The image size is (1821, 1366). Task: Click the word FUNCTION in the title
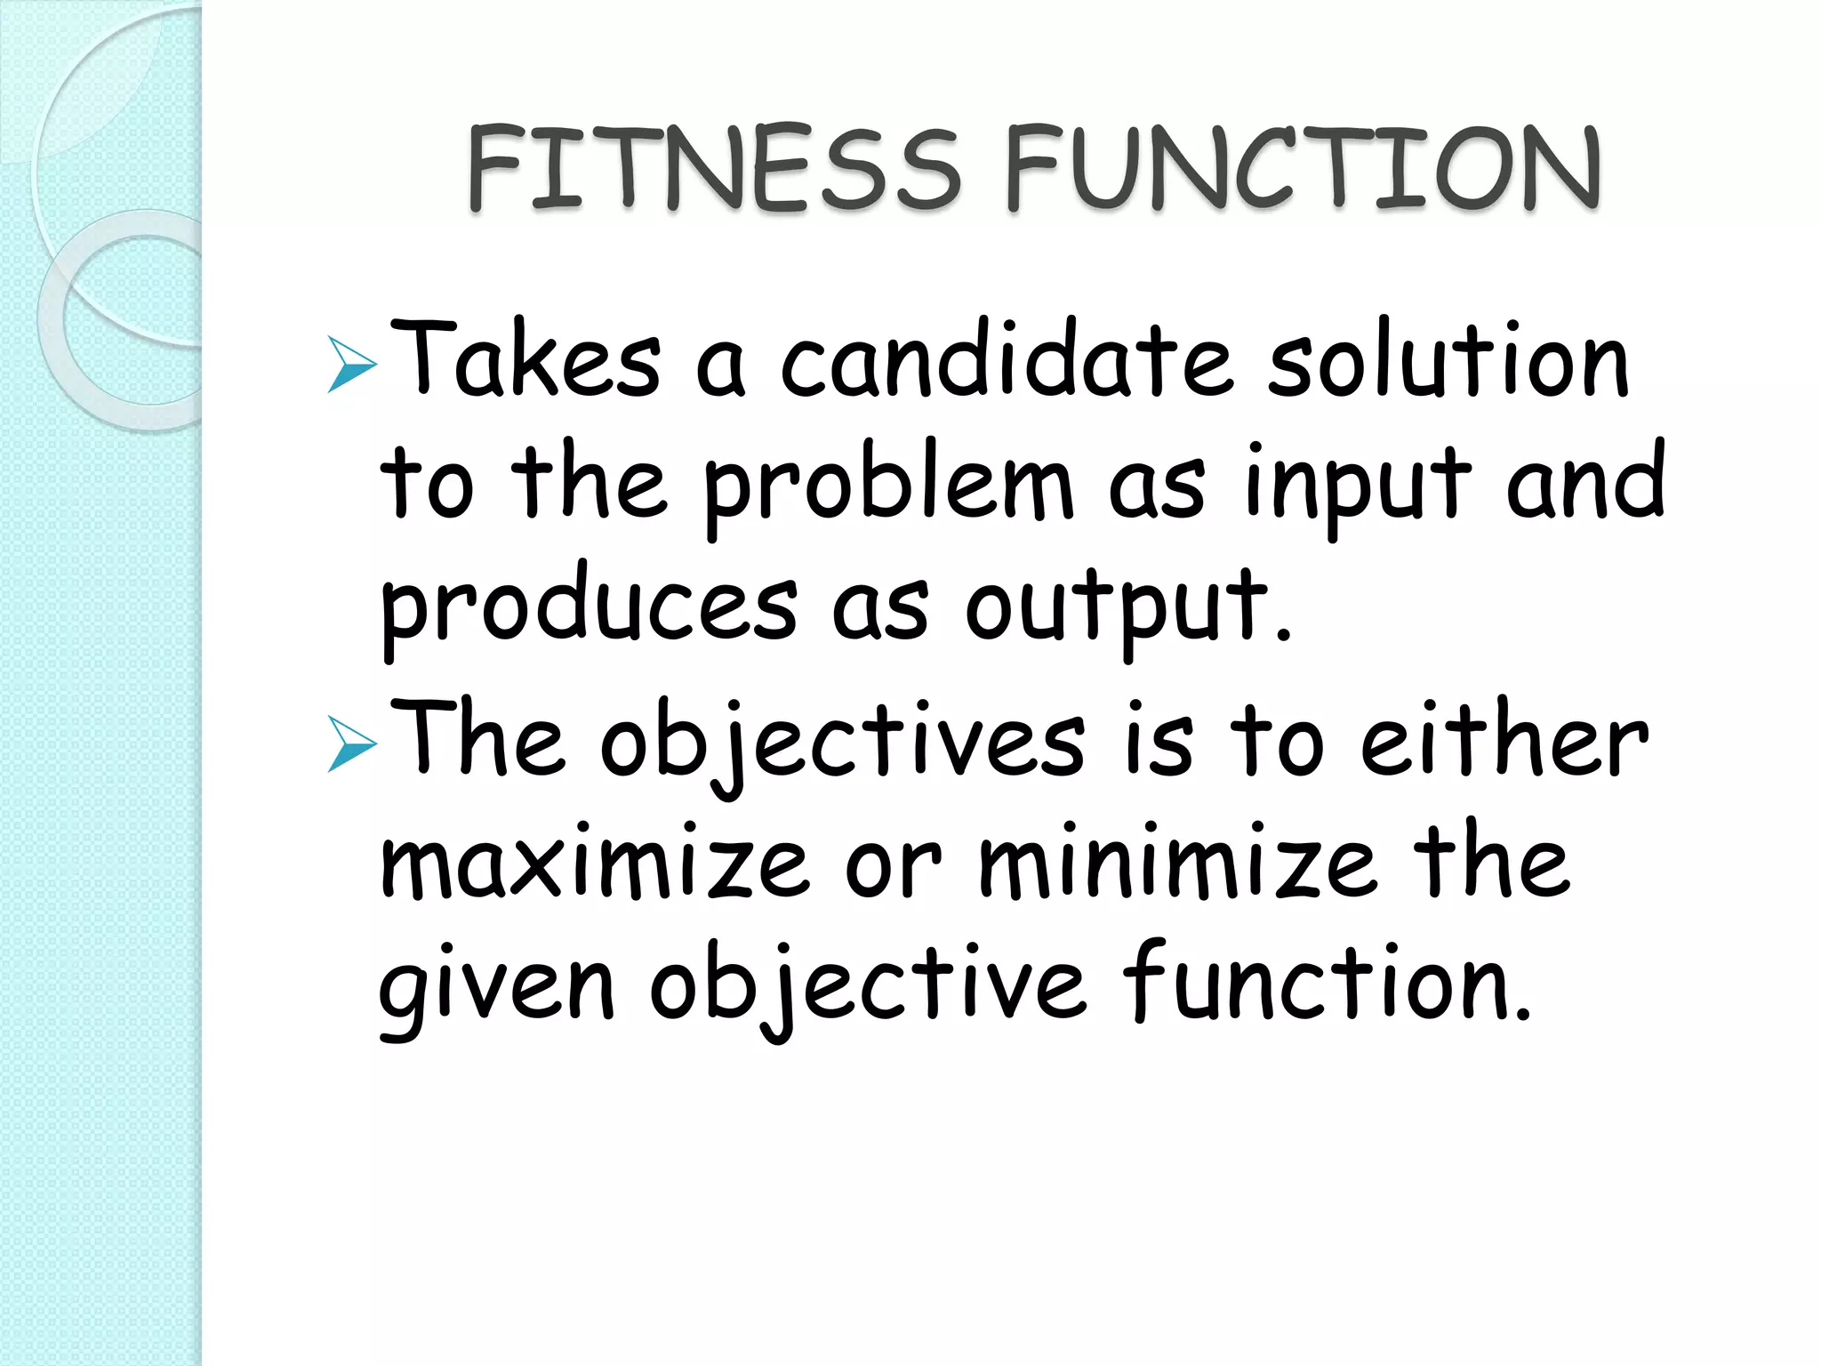[x=1303, y=169]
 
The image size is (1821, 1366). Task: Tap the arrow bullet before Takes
[x=352, y=365]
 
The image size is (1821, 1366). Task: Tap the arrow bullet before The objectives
[x=352, y=744]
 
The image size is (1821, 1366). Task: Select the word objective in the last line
[x=867, y=987]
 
